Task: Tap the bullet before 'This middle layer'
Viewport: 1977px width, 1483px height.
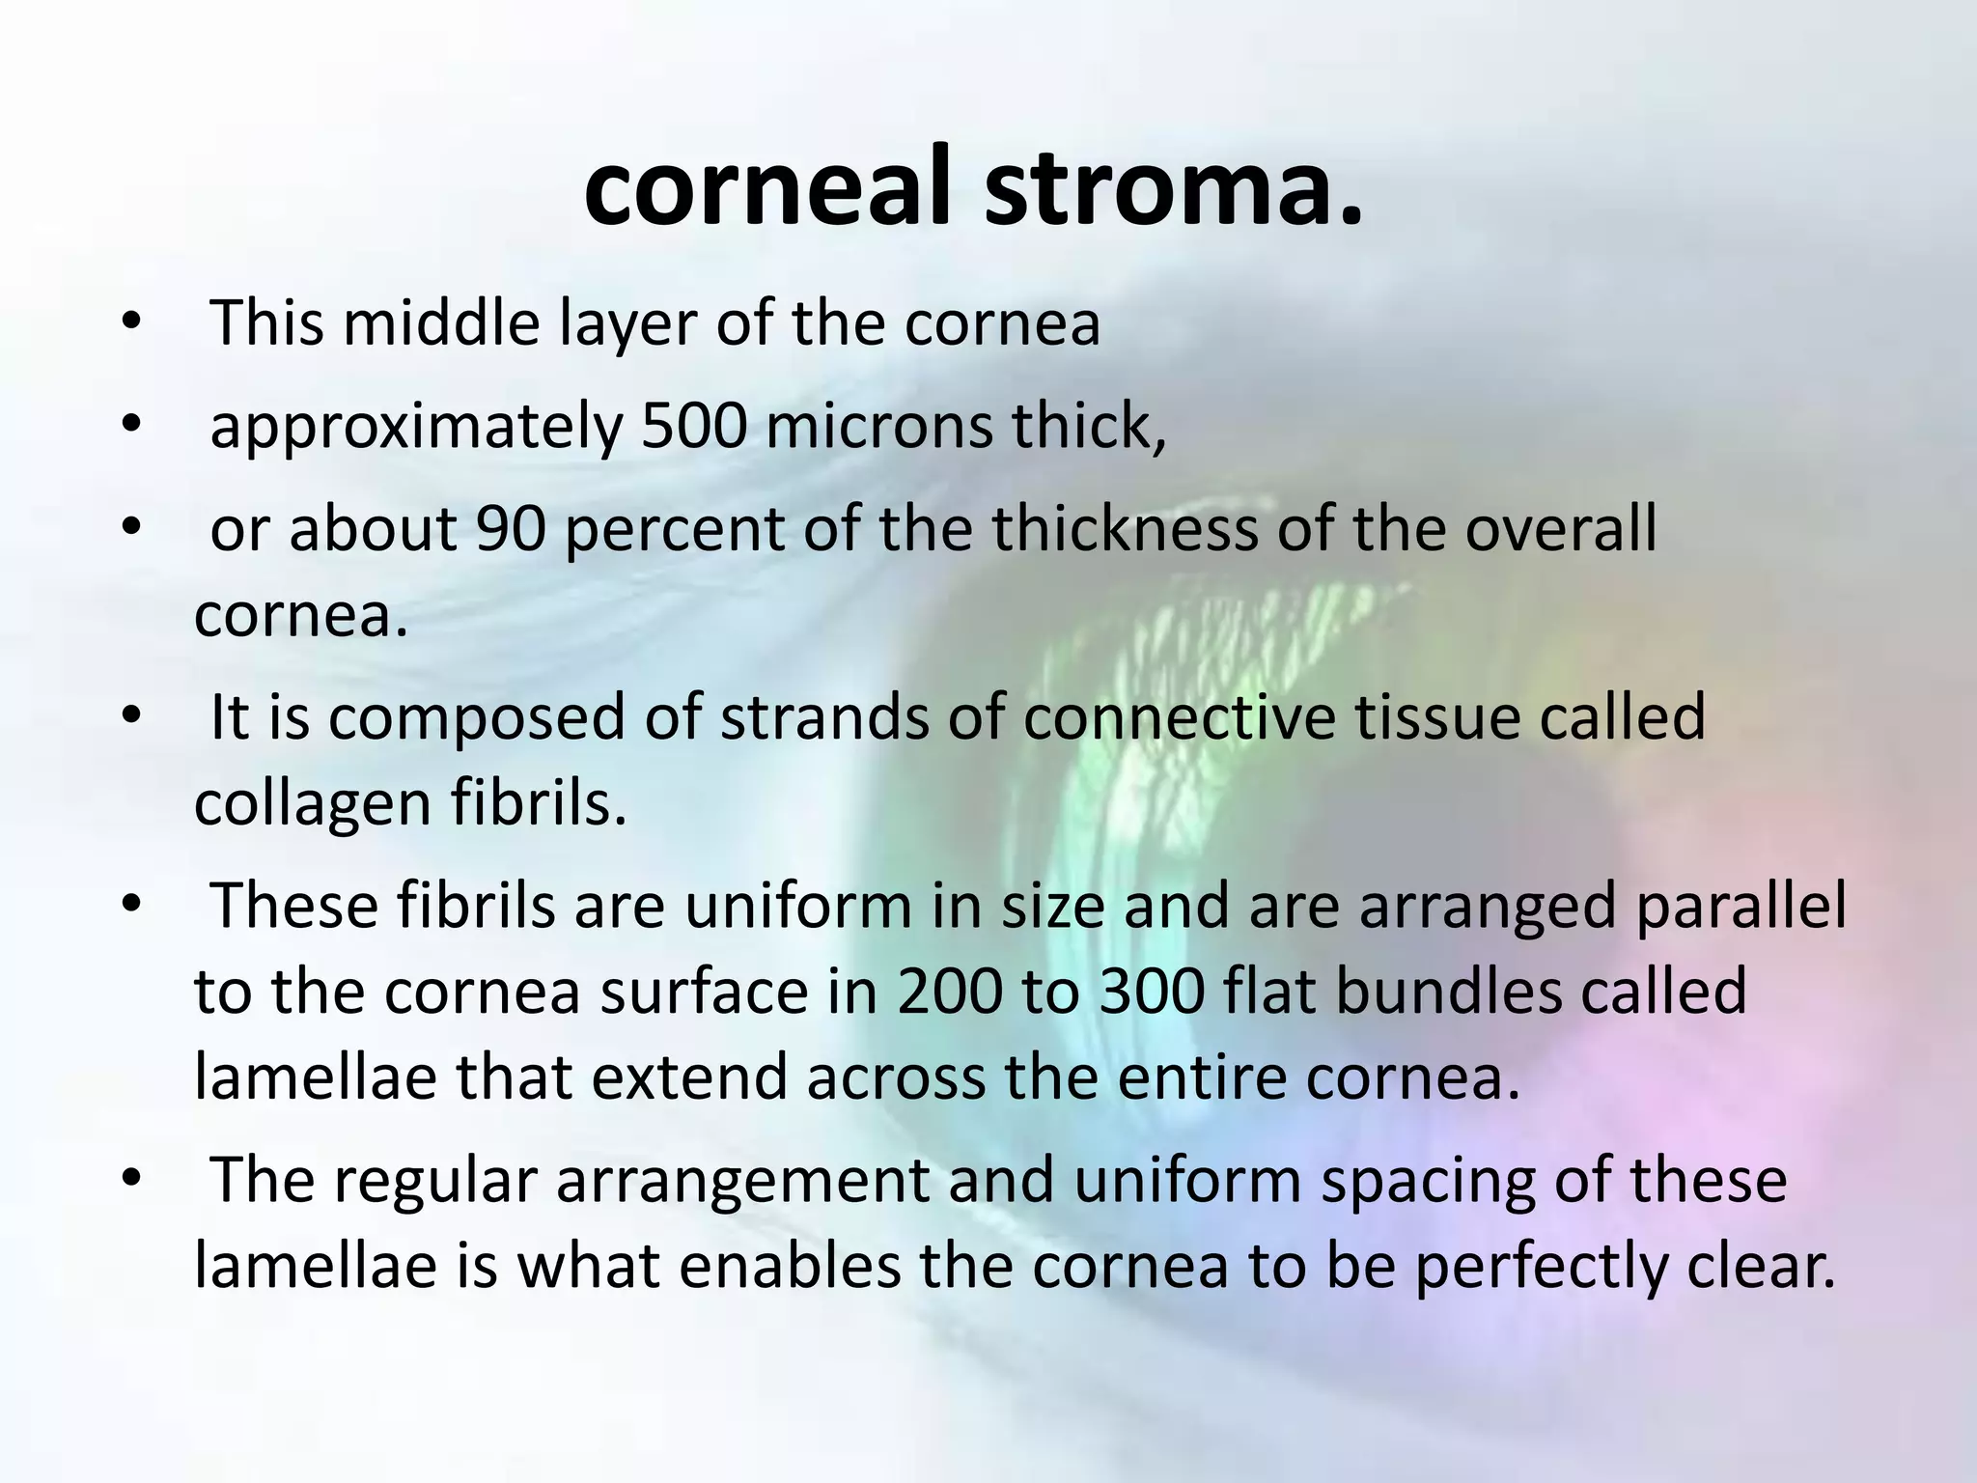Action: tap(131, 322)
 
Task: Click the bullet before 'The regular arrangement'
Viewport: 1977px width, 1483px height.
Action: tap(131, 1180)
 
